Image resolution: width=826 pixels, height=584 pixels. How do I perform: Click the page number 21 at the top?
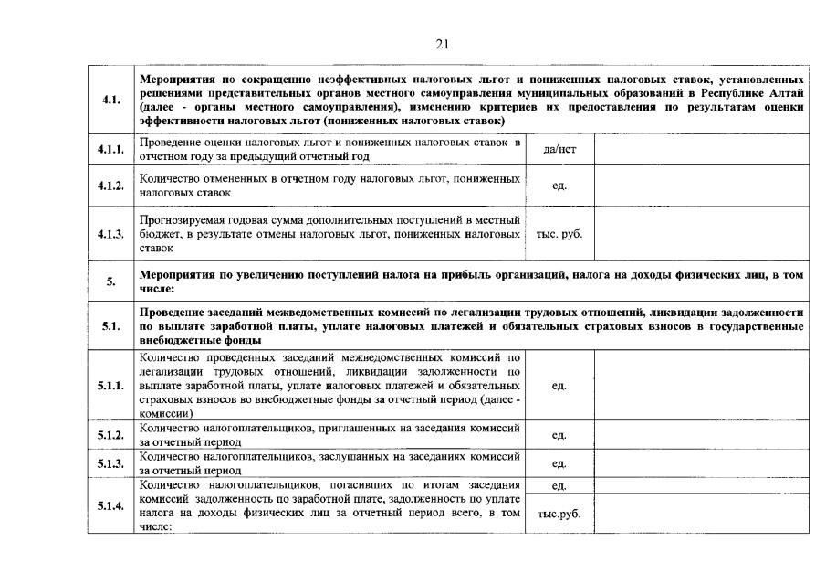pyautogui.click(x=443, y=43)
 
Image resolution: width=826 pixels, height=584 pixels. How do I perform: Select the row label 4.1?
pyautogui.click(x=111, y=100)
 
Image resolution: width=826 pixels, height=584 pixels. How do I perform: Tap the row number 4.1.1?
pyautogui.click(x=111, y=149)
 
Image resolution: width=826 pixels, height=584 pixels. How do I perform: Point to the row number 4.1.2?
pyautogui.click(x=111, y=186)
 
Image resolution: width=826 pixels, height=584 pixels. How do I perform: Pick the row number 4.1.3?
pyautogui.click(x=111, y=234)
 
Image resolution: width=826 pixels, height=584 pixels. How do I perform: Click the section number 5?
pyautogui.click(x=111, y=281)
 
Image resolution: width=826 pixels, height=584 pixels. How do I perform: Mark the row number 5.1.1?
pyautogui.click(x=111, y=385)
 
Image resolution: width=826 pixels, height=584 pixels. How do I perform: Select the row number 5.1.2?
pyautogui.click(x=111, y=435)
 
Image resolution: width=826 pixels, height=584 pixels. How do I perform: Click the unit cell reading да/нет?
pyautogui.click(x=560, y=149)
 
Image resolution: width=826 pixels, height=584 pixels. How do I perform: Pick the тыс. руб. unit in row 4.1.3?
pyautogui.click(x=560, y=234)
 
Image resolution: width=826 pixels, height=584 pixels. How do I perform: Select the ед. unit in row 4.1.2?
pyautogui.click(x=560, y=186)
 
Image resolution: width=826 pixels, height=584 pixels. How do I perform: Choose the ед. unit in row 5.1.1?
pyautogui.click(x=560, y=385)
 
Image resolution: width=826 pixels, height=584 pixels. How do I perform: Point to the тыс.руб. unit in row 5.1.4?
pyautogui.click(x=560, y=515)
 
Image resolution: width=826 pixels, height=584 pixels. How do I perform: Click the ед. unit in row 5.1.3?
pyautogui.click(x=560, y=463)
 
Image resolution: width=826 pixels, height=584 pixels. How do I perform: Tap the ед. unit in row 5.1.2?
pyautogui.click(x=560, y=435)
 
